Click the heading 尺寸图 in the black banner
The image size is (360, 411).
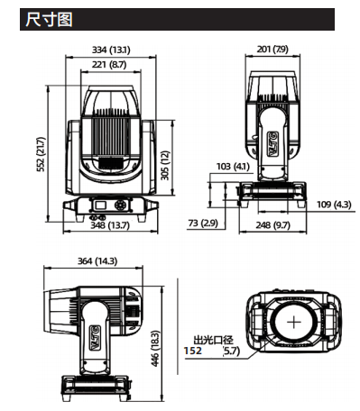tap(49, 20)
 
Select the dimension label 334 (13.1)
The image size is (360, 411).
tap(111, 50)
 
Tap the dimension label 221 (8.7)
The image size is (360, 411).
tap(109, 65)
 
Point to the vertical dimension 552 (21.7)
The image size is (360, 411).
tap(41, 154)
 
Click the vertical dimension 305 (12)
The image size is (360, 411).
tap(165, 165)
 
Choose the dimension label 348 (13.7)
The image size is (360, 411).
tap(110, 225)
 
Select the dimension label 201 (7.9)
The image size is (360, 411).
tap(272, 49)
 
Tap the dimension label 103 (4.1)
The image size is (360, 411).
tap(233, 166)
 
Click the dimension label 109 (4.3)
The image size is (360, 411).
tap(334, 205)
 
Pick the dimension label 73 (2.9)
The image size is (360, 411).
tap(203, 223)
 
